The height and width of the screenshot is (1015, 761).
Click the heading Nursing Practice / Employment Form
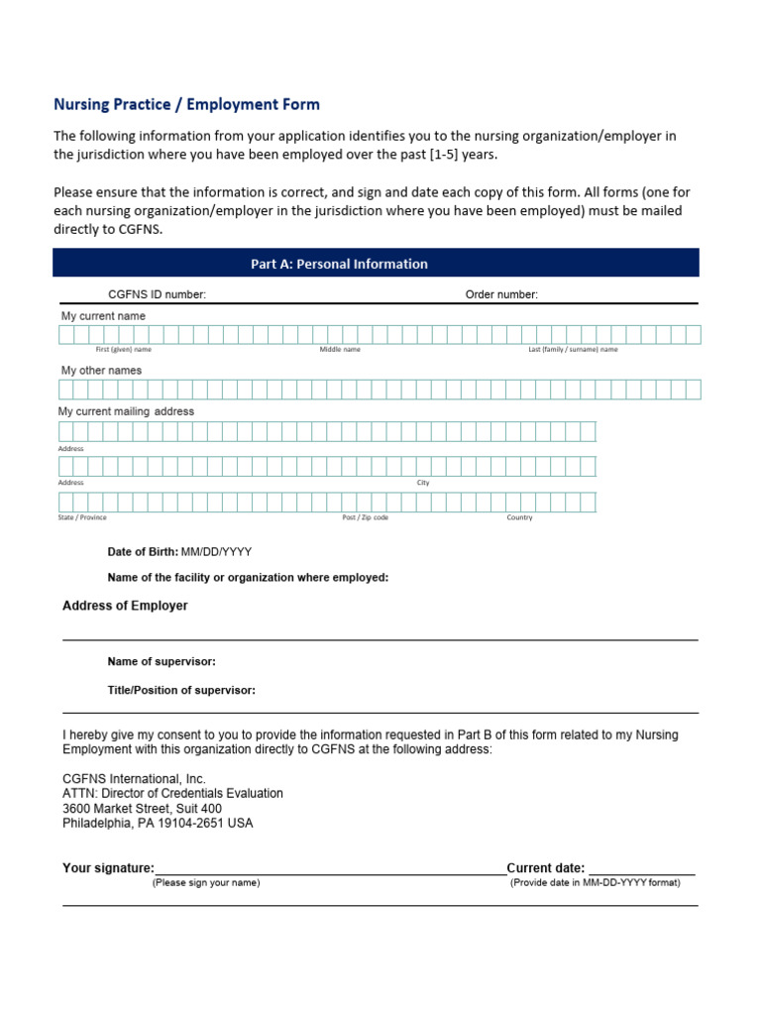[x=186, y=104]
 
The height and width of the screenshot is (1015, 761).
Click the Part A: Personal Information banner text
[x=339, y=264]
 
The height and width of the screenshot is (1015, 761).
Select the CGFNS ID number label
[x=157, y=294]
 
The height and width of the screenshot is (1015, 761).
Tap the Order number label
[x=501, y=294]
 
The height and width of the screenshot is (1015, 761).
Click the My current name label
[x=103, y=316]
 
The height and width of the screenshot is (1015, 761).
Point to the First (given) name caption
[x=123, y=350]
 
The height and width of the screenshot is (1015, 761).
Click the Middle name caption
[x=340, y=350]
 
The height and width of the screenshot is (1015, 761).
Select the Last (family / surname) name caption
[x=573, y=350]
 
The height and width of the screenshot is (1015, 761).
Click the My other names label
[x=101, y=371]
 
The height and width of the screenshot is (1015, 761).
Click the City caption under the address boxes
[x=423, y=483]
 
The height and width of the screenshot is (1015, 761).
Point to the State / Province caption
[x=82, y=517]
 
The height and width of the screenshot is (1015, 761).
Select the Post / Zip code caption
[x=365, y=517]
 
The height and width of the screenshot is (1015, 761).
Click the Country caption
[x=519, y=517]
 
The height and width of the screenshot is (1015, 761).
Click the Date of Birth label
[x=143, y=552]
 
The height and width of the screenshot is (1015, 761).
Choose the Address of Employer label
[x=125, y=606]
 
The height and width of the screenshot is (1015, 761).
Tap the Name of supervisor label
[x=162, y=661]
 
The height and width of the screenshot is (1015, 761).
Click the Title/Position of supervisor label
[x=181, y=690]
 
